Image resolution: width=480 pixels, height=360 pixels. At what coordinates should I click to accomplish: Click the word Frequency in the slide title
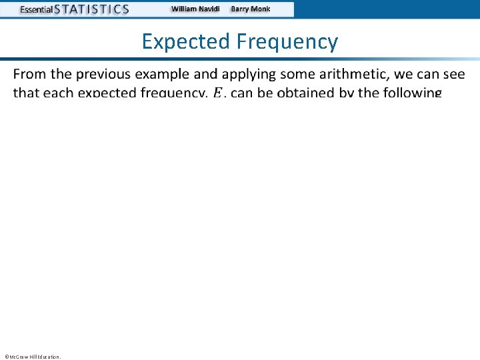286,42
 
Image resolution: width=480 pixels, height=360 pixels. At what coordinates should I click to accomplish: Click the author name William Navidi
196,9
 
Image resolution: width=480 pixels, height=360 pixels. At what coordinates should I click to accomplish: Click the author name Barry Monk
251,9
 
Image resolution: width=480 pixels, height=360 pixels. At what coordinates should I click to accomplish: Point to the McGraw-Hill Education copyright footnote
32,357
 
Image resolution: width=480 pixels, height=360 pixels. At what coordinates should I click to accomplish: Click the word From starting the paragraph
30,73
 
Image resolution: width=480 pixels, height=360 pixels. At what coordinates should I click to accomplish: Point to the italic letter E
218,93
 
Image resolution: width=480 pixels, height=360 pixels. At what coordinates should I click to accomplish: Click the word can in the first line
427,73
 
